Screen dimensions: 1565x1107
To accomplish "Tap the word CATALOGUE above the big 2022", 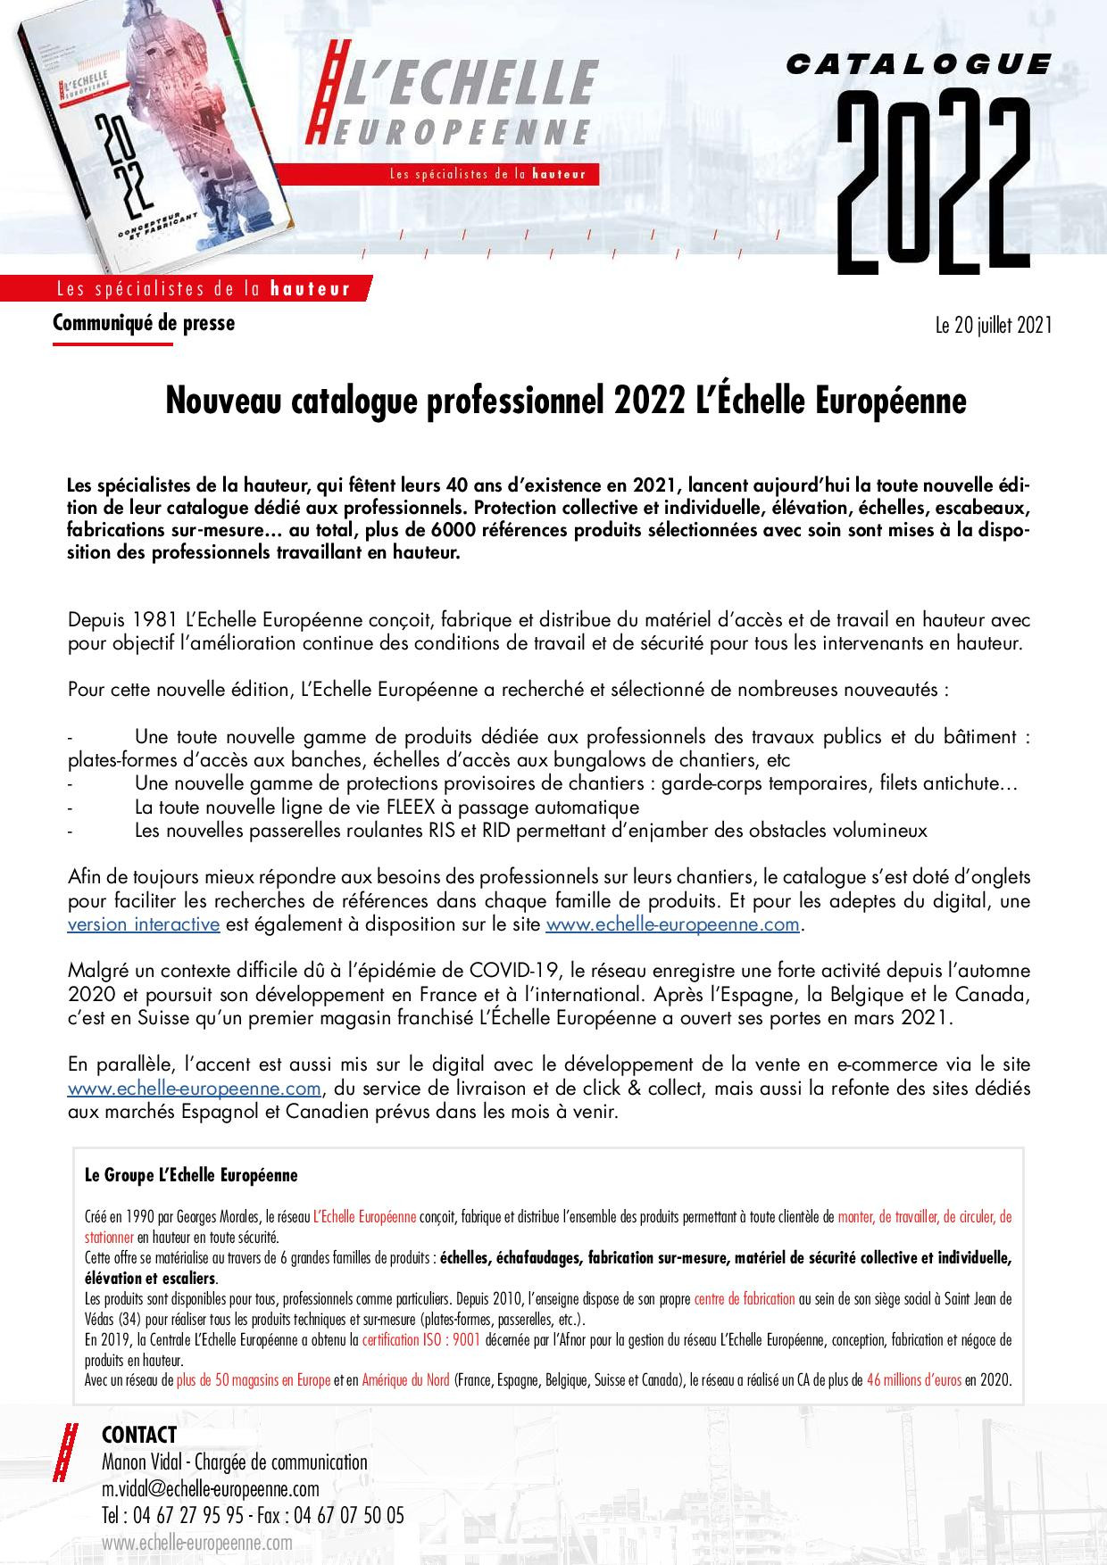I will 920,63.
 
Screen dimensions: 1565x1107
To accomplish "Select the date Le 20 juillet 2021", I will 994,326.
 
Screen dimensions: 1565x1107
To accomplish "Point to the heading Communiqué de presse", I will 144,323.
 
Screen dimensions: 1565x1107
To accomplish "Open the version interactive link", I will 144,923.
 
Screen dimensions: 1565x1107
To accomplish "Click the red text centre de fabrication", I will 745,1298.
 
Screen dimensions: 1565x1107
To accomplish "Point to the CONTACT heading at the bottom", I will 139,1435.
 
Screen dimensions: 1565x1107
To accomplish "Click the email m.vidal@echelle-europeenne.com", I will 211,1489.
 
